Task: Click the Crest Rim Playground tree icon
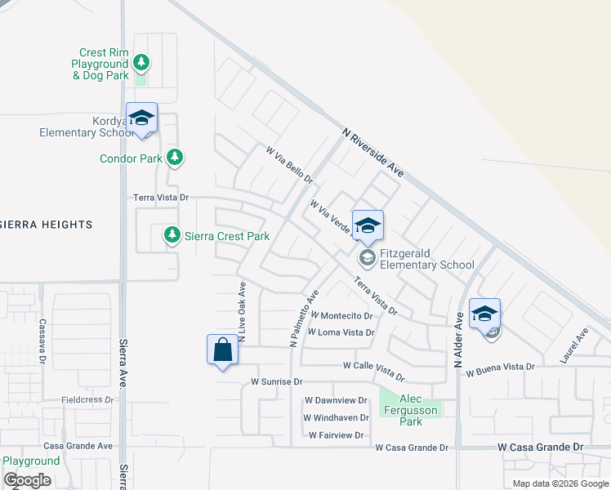141,63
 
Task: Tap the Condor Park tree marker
174,158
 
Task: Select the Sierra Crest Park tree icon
172,235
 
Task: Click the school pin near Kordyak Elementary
141,118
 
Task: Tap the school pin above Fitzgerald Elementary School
368,225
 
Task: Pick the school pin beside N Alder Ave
484,314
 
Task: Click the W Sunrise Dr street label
277,381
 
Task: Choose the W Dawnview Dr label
336,400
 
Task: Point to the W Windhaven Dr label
337,418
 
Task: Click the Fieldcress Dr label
87,400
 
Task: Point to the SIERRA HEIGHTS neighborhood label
46,224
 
